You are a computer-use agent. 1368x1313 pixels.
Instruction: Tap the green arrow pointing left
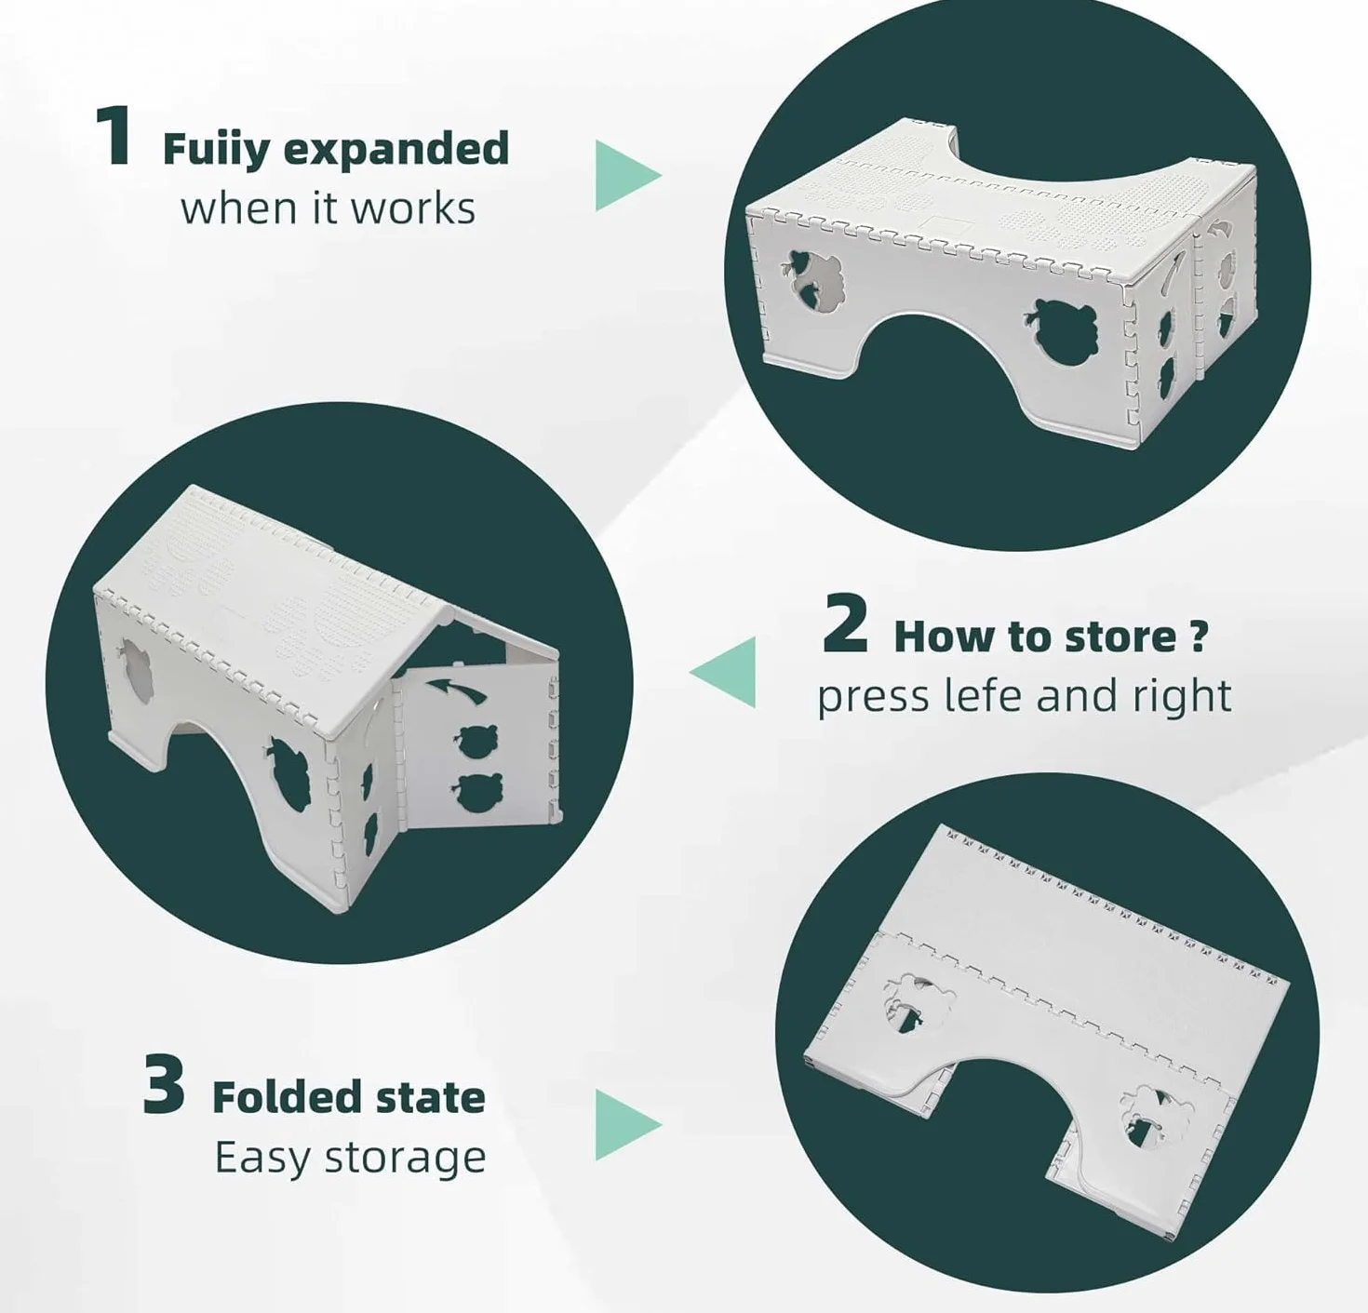tap(722, 672)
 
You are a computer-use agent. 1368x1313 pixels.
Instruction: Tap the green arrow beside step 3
tap(628, 1125)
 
